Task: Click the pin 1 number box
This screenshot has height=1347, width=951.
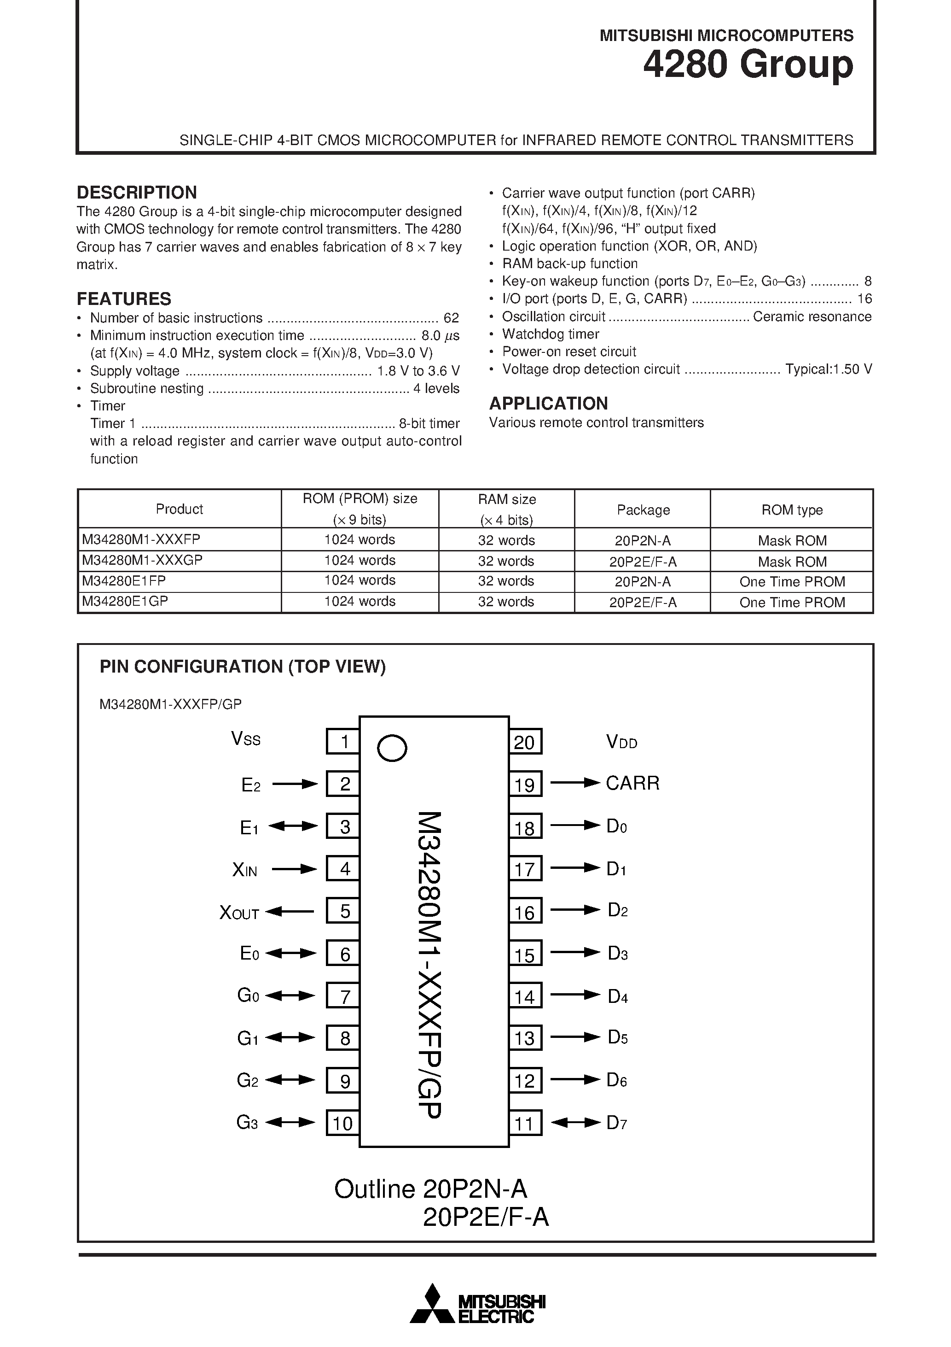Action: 343,742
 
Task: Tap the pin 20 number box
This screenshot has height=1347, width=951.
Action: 525,742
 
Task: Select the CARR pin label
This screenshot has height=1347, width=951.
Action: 632,783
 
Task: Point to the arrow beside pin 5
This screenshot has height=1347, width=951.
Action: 290,912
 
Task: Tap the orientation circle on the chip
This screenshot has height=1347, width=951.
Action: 392,748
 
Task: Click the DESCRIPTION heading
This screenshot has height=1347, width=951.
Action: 137,193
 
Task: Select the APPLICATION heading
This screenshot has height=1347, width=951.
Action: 548,404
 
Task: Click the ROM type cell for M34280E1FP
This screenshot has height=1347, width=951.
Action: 792,582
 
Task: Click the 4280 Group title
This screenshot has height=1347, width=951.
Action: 748,64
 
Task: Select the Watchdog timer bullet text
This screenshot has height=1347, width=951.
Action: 550,334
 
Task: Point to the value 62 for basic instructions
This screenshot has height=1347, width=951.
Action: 451,318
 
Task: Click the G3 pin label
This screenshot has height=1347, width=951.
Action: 247,1122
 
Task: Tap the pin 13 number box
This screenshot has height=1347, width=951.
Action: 525,1038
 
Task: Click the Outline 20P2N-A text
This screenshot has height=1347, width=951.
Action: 430,1189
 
